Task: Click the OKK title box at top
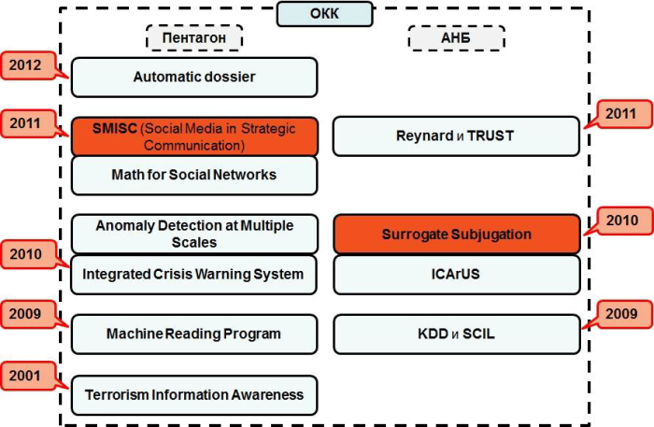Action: click(325, 14)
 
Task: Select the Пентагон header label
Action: click(194, 37)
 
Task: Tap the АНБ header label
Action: click(457, 37)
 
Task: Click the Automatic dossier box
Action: click(194, 77)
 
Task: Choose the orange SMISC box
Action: click(194, 135)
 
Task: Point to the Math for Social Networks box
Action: click(194, 175)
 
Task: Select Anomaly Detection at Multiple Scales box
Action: click(194, 234)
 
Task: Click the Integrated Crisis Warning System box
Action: click(194, 275)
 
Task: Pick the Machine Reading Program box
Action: click(194, 334)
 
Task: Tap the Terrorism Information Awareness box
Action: click(194, 394)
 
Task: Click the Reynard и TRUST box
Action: click(456, 135)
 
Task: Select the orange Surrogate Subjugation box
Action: click(456, 234)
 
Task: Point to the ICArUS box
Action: click(456, 275)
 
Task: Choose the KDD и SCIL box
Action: click(456, 334)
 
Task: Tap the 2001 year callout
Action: click(26, 376)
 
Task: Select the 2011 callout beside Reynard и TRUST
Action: click(619, 115)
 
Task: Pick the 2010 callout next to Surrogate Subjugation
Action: click(619, 221)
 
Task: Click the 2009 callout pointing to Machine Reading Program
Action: click(26, 314)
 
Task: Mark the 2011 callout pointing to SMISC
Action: click(26, 123)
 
